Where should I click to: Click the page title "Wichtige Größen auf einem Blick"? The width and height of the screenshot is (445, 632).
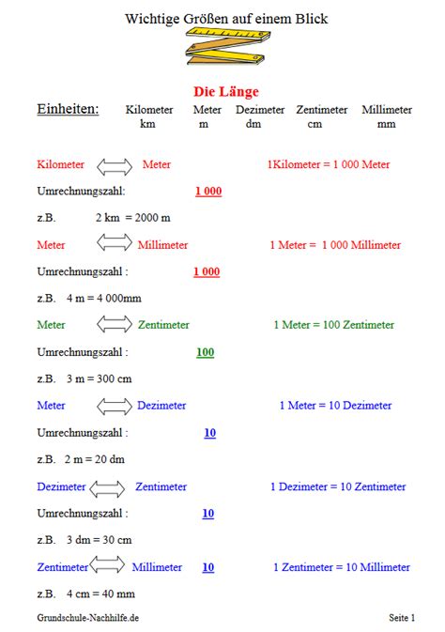pos(226,18)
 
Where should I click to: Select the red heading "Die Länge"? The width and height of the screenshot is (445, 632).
pos(225,91)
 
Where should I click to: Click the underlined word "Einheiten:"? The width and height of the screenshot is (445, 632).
pos(68,110)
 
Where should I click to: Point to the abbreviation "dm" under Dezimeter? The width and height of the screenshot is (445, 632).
pos(253,123)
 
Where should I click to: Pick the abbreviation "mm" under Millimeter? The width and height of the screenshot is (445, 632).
pos(386,123)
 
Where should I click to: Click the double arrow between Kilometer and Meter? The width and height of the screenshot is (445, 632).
pos(114,165)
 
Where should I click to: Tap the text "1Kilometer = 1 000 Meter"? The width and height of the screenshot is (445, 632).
pos(328,165)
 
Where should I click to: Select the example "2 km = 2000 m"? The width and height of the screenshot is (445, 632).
pos(131,218)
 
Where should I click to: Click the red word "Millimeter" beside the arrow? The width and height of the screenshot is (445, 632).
pos(162,245)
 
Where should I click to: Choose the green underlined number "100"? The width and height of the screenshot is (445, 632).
pos(205,352)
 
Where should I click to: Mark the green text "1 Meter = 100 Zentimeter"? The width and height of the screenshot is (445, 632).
pos(333,325)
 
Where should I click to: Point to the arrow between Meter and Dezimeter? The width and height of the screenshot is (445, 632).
pos(114,406)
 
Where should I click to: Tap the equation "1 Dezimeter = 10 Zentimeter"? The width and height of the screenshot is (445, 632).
pos(338,486)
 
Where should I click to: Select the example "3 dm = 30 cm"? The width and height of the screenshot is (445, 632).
pos(99,540)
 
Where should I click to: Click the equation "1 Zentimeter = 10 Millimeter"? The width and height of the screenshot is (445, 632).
pos(341,567)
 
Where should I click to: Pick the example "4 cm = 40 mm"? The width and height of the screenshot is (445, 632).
pos(100,593)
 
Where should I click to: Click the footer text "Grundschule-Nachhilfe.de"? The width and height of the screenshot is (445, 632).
pos(88,617)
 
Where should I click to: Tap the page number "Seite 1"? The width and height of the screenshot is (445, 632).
pos(402,617)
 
